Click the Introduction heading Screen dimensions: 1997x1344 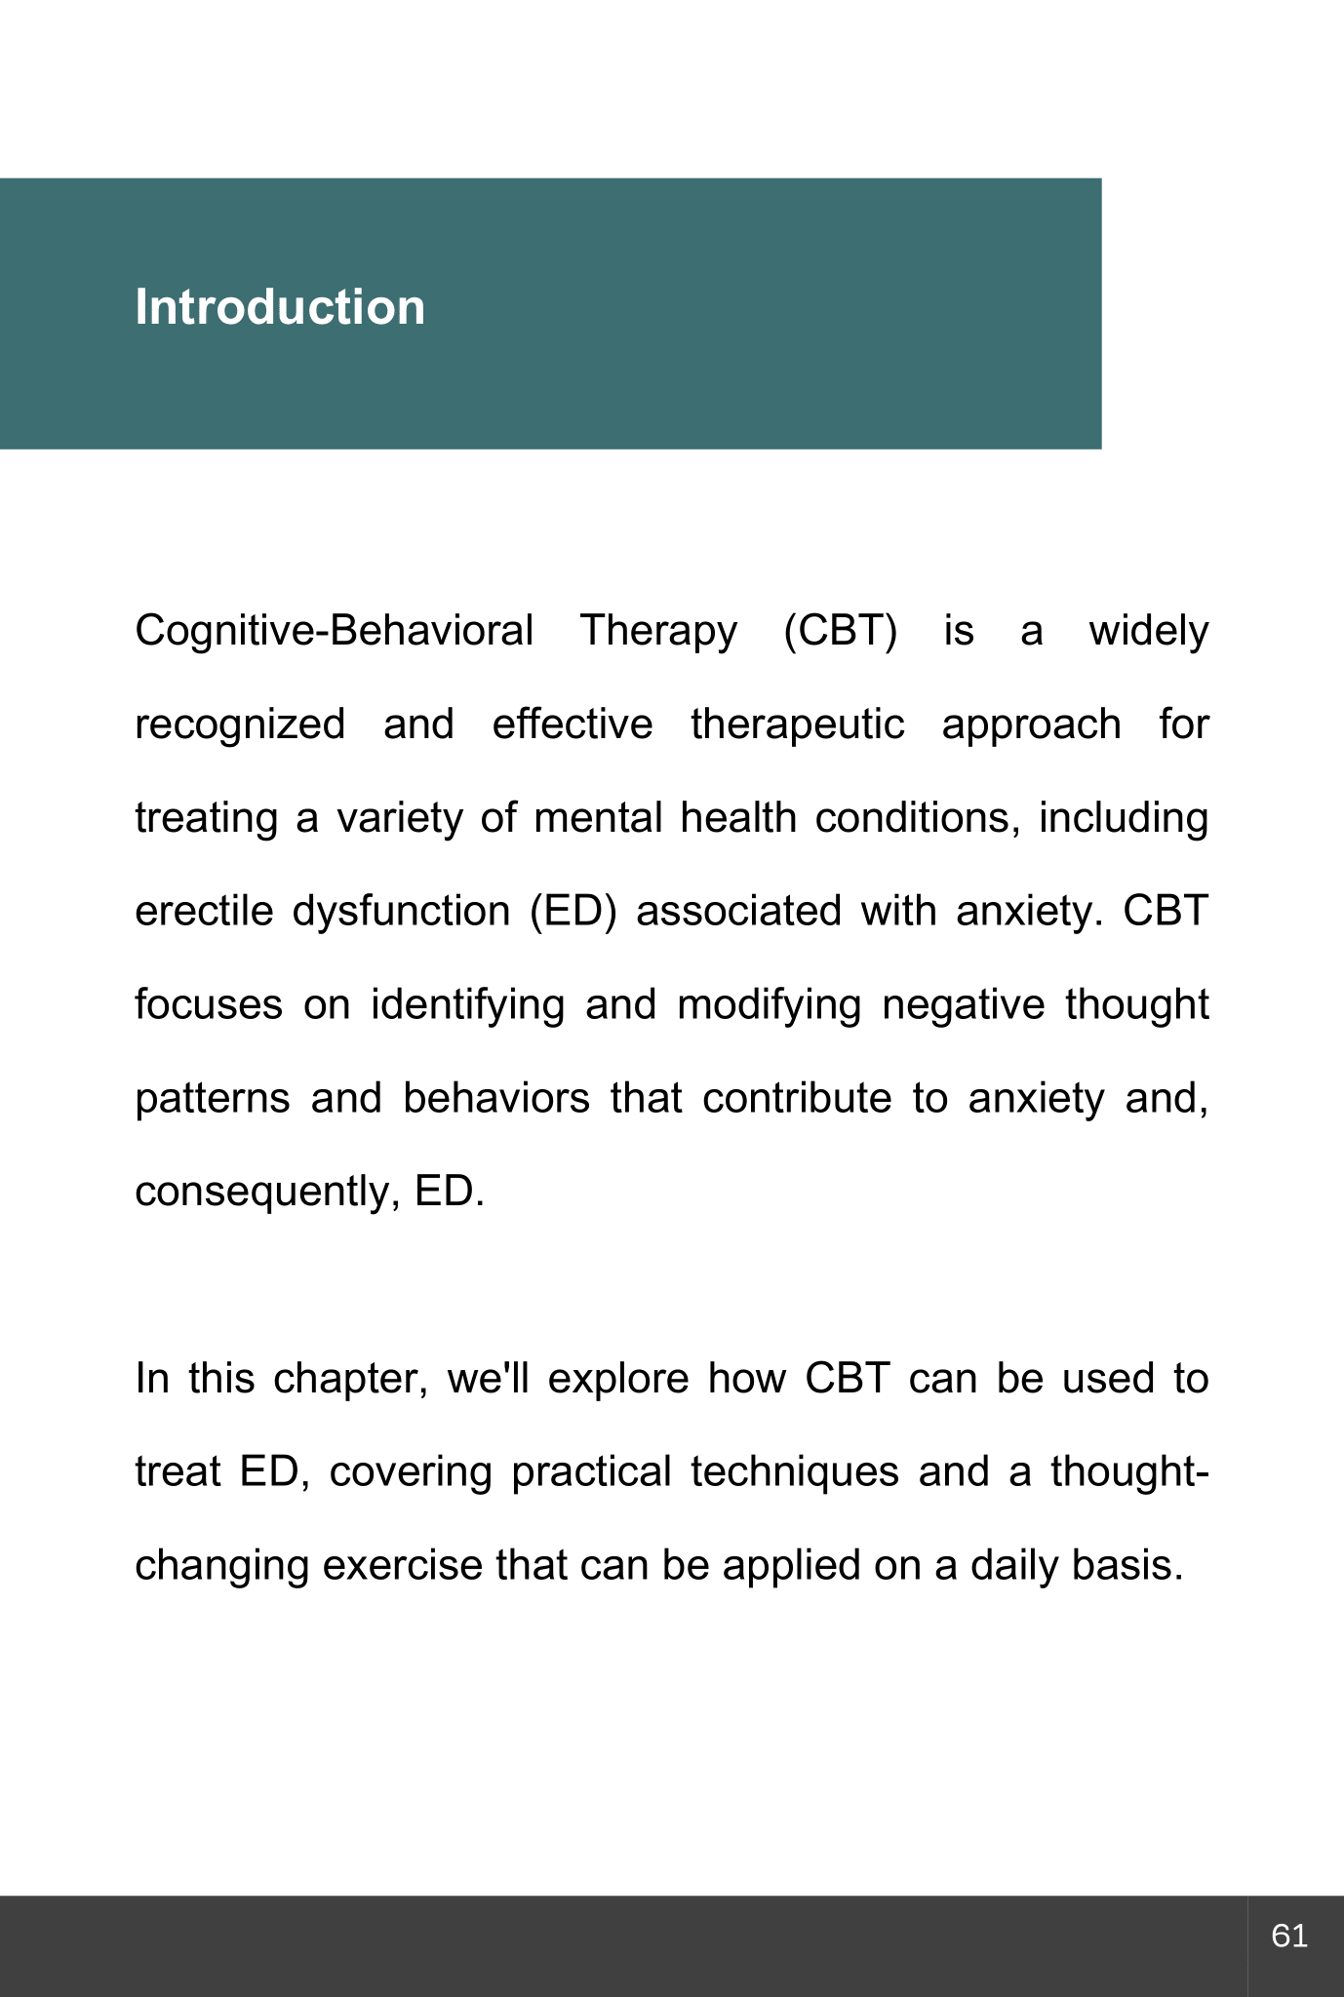[280, 307]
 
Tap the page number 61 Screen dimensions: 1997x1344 [1289, 1935]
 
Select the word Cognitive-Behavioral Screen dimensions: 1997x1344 [334, 631]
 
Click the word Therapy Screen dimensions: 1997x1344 [658, 631]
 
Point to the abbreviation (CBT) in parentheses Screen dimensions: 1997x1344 [840, 631]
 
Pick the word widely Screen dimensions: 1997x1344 [1148, 631]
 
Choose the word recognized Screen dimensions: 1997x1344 [240, 724]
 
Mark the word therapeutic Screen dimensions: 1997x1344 [797, 724]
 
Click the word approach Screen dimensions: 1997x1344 [1031, 724]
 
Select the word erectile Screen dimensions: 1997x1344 [204, 911]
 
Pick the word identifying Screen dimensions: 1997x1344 [468, 1004]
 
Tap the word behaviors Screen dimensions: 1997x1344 [496, 1098]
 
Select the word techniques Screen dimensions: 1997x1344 [794, 1471]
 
